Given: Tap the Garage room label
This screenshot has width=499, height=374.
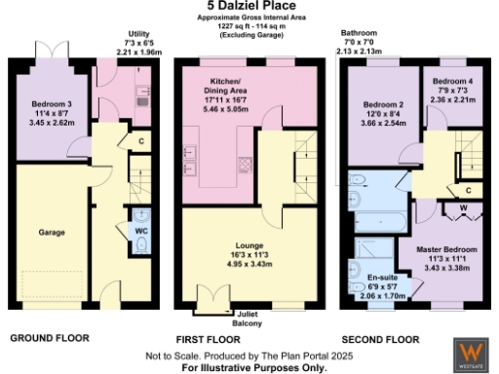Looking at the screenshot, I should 53,233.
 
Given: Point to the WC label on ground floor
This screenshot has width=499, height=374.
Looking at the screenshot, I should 141,230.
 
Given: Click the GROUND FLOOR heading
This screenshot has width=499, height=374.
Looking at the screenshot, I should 49,338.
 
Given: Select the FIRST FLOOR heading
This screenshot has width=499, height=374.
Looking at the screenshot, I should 207,339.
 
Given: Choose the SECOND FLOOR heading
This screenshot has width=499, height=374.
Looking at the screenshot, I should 380,339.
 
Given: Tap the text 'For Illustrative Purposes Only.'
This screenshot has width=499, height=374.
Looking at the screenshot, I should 249,369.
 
